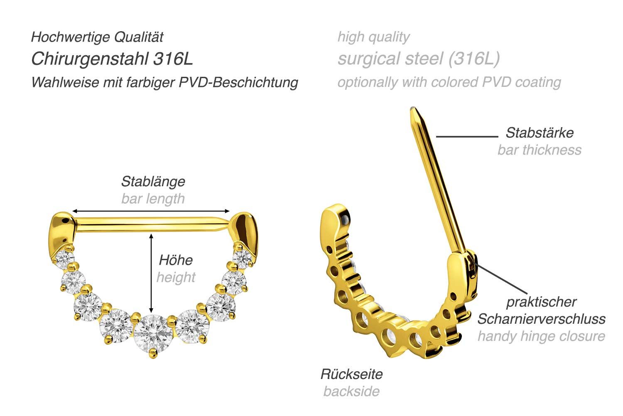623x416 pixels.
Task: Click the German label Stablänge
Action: pyautogui.click(x=153, y=182)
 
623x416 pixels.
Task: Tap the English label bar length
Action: pyautogui.click(x=153, y=199)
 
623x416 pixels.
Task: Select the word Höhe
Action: pyautogui.click(x=176, y=260)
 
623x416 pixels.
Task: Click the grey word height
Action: pyautogui.click(x=176, y=277)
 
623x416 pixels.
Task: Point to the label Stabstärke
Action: pyautogui.click(x=539, y=133)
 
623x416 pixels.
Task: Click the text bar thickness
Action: pyautogui.click(x=539, y=150)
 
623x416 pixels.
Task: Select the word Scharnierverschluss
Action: pyautogui.click(x=541, y=319)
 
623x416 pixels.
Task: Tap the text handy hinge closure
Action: pyautogui.click(x=541, y=336)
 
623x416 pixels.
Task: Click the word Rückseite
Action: pyautogui.click(x=351, y=374)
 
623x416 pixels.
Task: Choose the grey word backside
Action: pyautogui.click(x=351, y=391)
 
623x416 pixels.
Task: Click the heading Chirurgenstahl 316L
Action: pyautogui.click(x=112, y=59)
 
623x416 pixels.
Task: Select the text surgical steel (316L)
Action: pyautogui.click(x=418, y=59)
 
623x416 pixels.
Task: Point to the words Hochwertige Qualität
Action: pyautogui.click(x=97, y=37)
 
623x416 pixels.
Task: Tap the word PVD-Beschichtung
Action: pyautogui.click(x=239, y=82)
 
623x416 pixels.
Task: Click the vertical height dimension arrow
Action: pyautogui.click(x=151, y=272)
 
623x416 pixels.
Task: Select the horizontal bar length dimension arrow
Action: pyautogui.click(x=151, y=211)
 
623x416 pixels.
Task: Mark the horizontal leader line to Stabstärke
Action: pyautogui.click(x=466, y=136)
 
